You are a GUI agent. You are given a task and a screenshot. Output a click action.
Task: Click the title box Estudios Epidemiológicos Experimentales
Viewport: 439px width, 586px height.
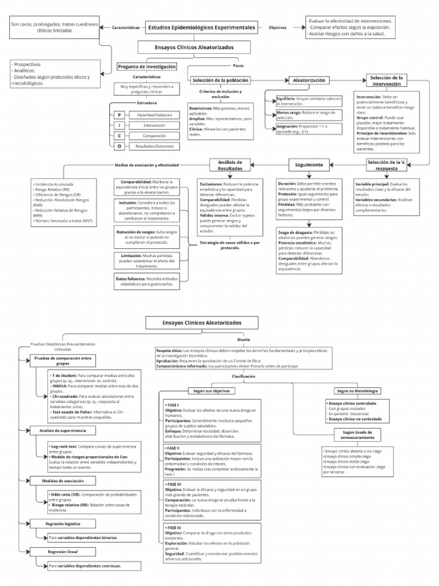coord(202,27)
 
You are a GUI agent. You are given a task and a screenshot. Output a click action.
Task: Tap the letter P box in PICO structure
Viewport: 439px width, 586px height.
coord(119,115)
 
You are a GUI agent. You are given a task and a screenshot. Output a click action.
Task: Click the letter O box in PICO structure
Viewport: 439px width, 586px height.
coord(119,146)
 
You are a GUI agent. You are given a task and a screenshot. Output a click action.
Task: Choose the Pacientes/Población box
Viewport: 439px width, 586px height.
coord(154,115)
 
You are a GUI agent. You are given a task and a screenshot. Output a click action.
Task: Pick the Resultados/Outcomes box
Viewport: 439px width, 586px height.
coord(154,146)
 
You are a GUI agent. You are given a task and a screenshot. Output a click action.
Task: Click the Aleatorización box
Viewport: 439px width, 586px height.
coord(309,81)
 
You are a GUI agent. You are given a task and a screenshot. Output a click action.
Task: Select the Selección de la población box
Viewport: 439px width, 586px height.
coord(221,81)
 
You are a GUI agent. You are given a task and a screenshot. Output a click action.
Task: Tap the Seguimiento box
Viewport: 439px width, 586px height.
coord(309,165)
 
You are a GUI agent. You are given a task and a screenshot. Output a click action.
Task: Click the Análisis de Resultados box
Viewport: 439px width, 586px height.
coord(230,165)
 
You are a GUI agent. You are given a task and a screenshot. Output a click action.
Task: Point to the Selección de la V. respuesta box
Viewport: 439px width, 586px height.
coord(387,165)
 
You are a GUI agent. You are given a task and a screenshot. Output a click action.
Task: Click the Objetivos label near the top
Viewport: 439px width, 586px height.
coord(278,27)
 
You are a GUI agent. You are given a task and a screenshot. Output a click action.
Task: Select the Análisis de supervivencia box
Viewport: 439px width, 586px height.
coord(62,430)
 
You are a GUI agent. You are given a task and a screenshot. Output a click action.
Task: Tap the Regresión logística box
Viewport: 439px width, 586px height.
coord(62,524)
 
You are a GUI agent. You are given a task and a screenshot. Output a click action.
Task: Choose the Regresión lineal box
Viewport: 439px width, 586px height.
coord(62,552)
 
